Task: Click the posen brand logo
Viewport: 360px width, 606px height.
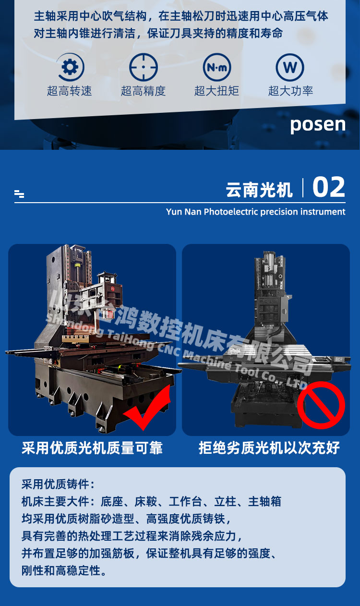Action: pyautogui.click(x=318, y=125)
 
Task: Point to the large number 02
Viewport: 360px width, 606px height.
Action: pyautogui.click(x=329, y=187)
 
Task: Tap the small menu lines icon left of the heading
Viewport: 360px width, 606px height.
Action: pyautogui.click(x=19, y=194)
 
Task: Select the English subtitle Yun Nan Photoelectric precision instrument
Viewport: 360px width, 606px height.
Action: pyautogui.click(x=255, y=212)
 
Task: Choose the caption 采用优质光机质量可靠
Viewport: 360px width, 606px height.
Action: pyautogui.click(x=92, y=448)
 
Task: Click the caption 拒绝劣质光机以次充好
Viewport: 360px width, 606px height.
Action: pyautogui.click(x=269, y=448)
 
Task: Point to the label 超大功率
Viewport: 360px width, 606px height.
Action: pyautogui.click(x=290, y=91)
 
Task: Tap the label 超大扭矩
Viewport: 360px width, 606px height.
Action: pyautogui.click(x=216, y=91)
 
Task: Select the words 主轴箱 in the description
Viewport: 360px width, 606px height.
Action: pyautogui.click(x=264, y=502)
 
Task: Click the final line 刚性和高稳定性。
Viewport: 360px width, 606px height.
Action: pyautogui.click(x=64, y=571)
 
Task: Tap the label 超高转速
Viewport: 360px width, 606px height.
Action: pyautogui.click(x=70, y=91)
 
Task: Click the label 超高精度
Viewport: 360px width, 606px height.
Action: pyautogui.click(x=143, y=91)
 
